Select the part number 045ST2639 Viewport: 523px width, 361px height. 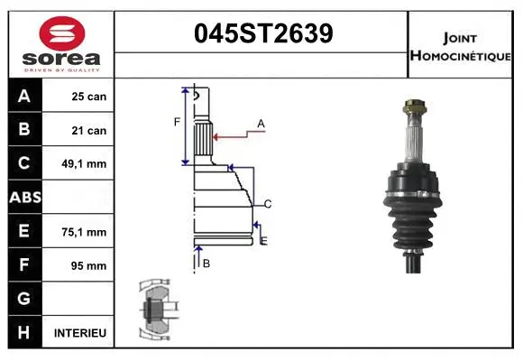click(263, 33)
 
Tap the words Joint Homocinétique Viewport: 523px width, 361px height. click(462, 46)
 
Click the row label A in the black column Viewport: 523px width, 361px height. click(24, 97)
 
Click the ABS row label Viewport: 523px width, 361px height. click(24, 198)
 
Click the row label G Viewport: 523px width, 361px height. click(24, 299)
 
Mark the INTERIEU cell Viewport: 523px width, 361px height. click(80, 333)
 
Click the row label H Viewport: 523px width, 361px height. click(24, 333)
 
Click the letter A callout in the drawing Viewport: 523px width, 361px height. click(261, 123)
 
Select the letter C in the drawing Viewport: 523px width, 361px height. click(268, 203)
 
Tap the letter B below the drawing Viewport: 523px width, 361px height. click(206, 263)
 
